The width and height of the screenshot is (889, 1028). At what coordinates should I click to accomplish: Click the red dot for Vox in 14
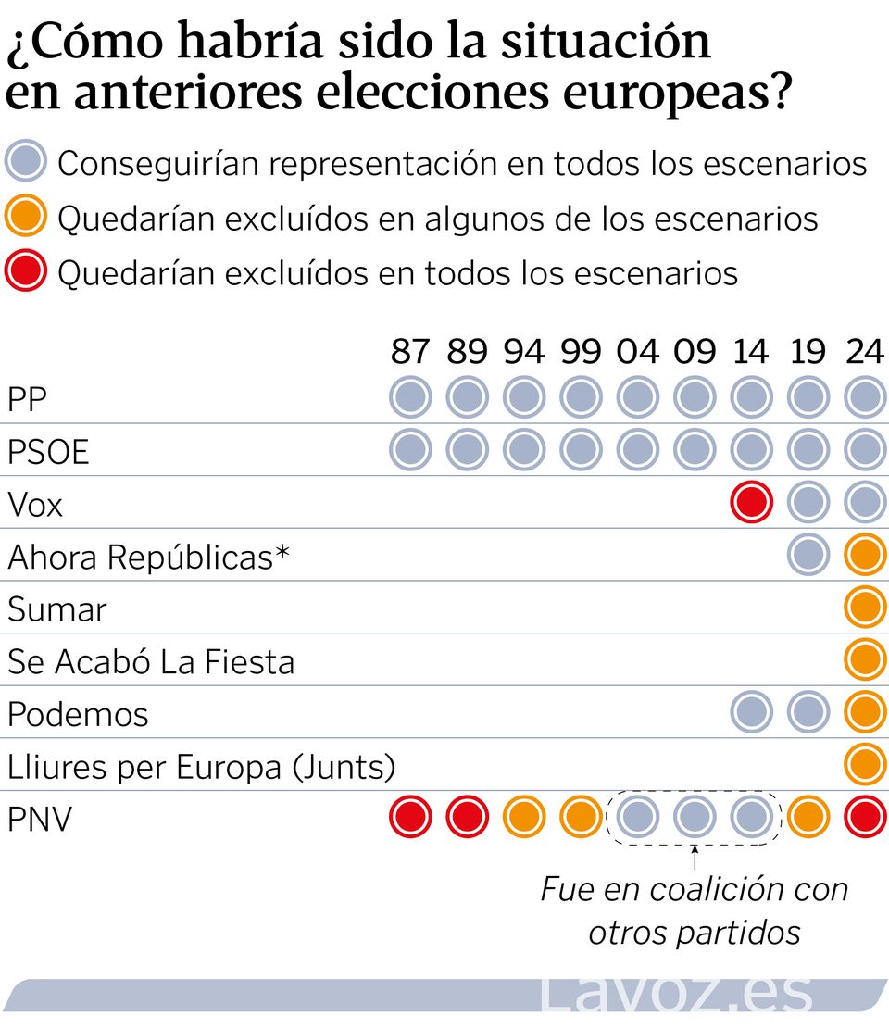pos(751,503)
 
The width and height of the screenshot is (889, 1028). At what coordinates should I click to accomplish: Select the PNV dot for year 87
pos(410,817)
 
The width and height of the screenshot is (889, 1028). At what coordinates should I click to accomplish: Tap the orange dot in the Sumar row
pos(866,608)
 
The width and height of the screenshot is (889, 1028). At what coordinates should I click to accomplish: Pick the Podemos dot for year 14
pos(751,712)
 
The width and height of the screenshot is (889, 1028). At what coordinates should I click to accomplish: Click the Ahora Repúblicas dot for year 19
pos(808,556)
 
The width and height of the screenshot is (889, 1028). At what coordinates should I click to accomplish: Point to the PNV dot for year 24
pos(866,817)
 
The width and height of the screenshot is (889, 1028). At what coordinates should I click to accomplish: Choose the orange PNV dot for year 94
pos(524,817)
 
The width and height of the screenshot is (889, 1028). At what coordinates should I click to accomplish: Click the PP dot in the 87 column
pos(410,398)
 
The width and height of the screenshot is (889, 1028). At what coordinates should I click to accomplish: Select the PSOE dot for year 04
pos(638,451)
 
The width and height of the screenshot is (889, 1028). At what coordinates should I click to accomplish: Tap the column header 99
pos(581,353)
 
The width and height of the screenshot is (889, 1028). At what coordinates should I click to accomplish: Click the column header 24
pos(865,353)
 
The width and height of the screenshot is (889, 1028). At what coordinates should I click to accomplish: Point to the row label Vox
pos(35,505)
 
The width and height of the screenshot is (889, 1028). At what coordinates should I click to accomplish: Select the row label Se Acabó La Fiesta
pos(151,662)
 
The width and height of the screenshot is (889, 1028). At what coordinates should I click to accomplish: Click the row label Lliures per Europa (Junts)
pos(201,767)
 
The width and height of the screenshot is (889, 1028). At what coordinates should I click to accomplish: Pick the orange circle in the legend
pos(26,218)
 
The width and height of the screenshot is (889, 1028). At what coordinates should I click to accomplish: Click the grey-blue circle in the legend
pos(26,163)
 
